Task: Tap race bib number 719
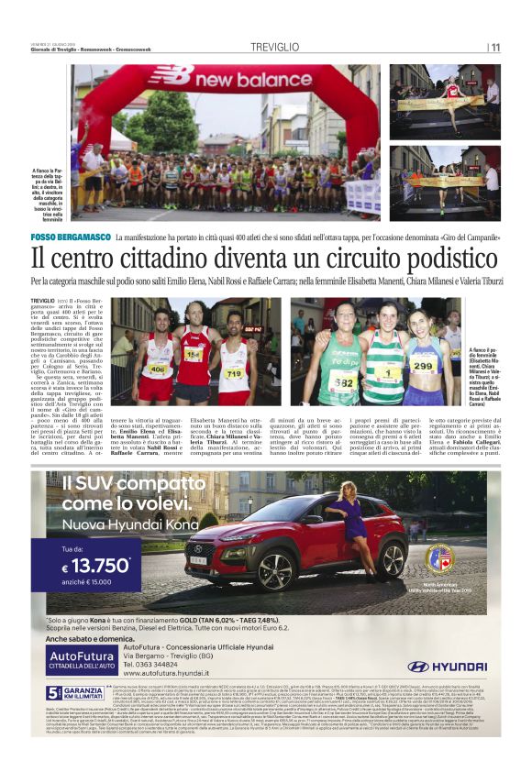[x=234, y=373]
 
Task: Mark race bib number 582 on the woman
[x=344, y=381]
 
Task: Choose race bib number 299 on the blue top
[x=423, y=366]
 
